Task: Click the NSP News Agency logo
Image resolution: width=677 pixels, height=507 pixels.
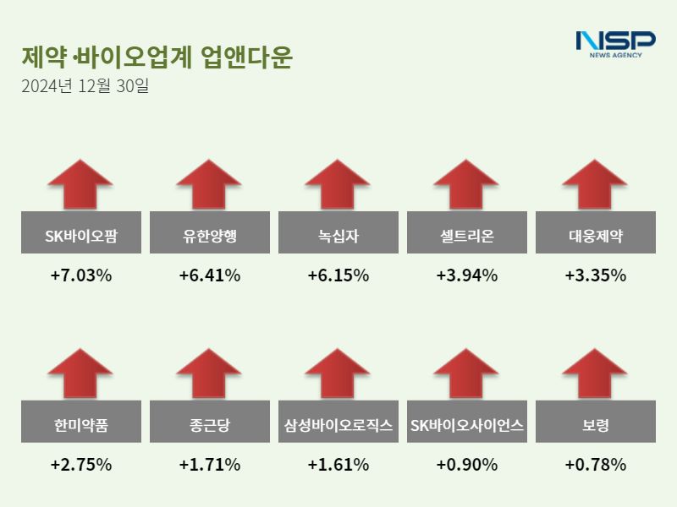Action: coord(615,44)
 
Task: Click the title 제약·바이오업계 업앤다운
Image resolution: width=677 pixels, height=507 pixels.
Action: coord(157,57)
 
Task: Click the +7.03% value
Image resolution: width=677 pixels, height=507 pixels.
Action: coord(81,275)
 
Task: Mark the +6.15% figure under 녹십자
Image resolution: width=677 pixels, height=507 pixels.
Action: coord(338,275)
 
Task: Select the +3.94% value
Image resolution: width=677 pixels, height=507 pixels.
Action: coord(467,275)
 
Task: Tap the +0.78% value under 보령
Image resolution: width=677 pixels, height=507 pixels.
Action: coord(596,465)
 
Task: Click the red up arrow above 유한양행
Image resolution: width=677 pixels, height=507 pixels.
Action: coord(209,183)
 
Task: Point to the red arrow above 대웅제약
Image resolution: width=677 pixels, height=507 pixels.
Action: coord(595,183)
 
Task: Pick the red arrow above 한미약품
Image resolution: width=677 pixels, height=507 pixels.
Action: coord(80,373)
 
